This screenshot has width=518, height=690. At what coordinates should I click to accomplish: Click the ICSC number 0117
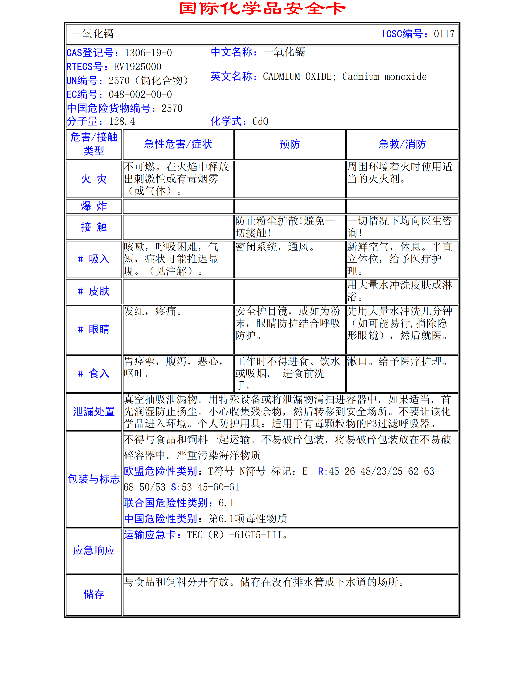pyautogui.click(x=444, y=34)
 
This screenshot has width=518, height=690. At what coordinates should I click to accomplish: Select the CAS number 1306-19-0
pyautogui.click(x=148, y=53)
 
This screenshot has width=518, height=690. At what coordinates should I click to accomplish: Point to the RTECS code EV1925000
pyautogui.click(x=137, y=67)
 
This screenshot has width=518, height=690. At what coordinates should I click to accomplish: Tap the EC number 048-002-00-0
pyautogui.click(x=140, y=94)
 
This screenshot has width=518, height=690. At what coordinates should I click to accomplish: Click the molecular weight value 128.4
pyautogui.click(x=122, y=121)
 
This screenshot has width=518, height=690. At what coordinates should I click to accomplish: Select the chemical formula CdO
pyautogui.click(x=260, y=121)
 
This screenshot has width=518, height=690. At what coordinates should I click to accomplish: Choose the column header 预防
pyautogui.click(x=290, y=144)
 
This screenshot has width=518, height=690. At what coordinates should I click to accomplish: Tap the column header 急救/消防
pyautogui.click(x=402, y=144)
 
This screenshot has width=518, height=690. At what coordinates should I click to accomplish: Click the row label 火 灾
pyautogui.click(x=94, y=179)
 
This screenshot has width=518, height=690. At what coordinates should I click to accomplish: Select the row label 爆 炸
pyautogui.click(x=94, y=206)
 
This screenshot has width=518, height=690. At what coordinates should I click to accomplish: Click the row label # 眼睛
pyautogui.click(x=94, y=329)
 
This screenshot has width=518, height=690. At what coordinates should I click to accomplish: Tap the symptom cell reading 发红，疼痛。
pyautogui.click(x=153, y=311)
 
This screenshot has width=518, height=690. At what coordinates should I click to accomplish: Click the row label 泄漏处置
pyautogui.click(x=94, y=412)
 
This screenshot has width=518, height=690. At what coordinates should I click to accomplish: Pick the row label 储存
pyautogui.click(x=94, y=594)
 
